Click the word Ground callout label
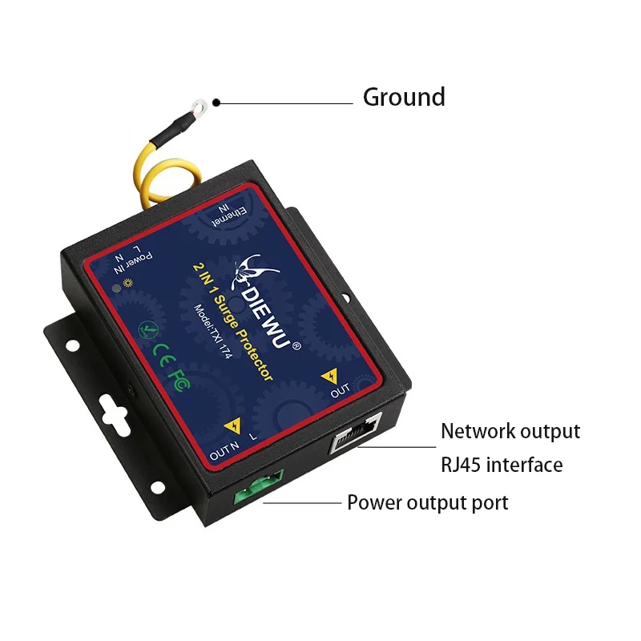(404, 97)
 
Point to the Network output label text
(510, 431)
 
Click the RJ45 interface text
(502, 465)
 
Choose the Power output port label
(427, 503)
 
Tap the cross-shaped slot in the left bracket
(115, 413)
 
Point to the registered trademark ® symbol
(296, 346)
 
